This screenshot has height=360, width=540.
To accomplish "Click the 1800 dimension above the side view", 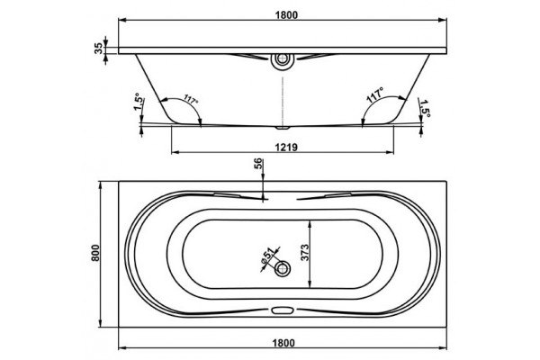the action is point(286,15).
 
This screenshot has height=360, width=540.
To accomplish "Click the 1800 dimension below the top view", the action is point(283,343).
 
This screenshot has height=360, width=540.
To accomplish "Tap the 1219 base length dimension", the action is point(286,147).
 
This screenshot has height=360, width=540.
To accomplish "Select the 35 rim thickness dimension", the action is point(98,49).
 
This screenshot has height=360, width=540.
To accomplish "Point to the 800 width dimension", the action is point(95,253).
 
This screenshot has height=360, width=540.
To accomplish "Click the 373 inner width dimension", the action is point(304,253).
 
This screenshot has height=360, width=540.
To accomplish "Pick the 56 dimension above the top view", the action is point(258,163).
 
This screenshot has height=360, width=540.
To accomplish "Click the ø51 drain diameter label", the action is point(268,256).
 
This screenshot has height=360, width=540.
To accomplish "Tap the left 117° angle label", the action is point(191,99).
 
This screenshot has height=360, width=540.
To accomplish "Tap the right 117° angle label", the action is point(375,95).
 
